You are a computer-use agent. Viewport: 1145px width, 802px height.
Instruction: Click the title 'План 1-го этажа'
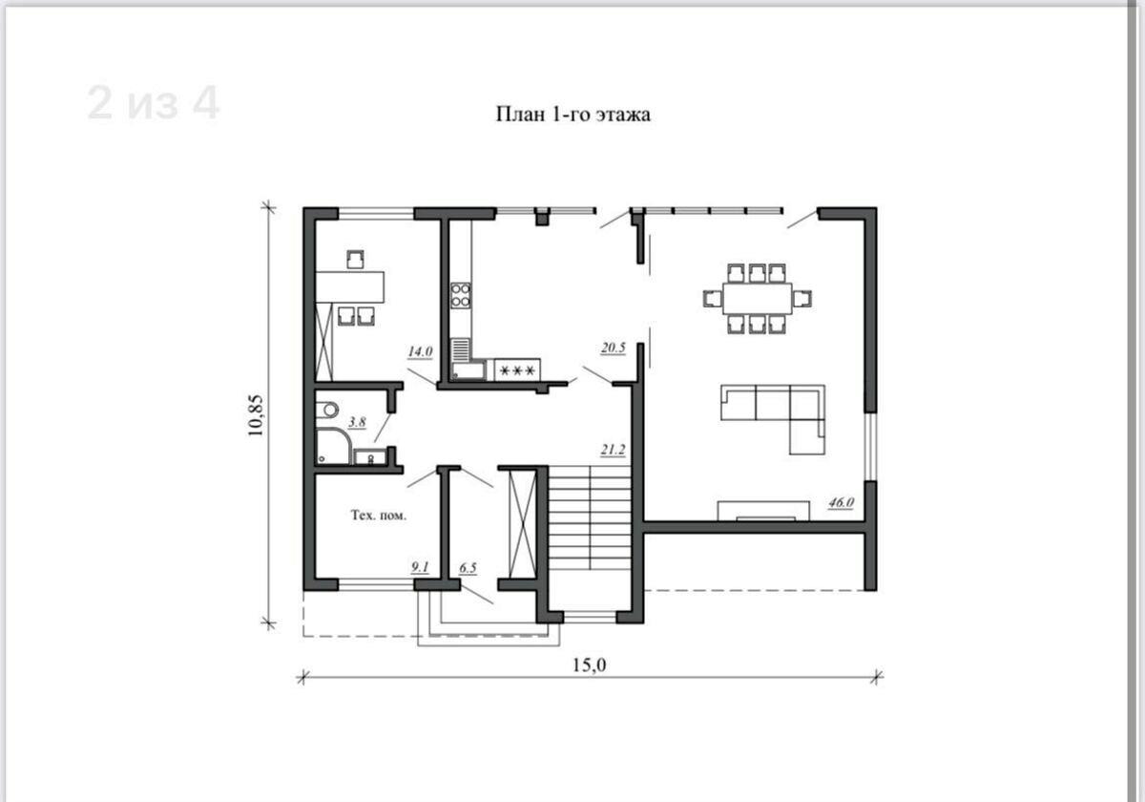pos(573,114)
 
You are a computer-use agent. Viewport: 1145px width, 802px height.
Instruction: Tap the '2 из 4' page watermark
pos(154,103)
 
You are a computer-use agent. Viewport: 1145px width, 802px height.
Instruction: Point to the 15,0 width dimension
pos(589,665)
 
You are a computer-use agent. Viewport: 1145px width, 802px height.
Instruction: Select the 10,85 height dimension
pos(256,415)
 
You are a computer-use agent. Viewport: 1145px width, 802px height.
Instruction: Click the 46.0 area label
pos(841,503)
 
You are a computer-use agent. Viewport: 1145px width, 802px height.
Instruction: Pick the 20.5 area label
pos(613,348)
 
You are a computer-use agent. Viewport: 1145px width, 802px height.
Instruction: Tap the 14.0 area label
pos(420,351)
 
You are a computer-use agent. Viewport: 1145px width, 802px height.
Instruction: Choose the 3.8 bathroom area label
pos(357,422)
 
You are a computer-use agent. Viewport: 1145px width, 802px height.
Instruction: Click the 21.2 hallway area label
pos(613,450)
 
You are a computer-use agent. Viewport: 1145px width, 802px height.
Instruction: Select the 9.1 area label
pos(420,567)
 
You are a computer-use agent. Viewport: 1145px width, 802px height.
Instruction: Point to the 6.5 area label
pos(468,568)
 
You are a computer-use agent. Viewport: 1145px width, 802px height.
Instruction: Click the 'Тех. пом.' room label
pos(378,515)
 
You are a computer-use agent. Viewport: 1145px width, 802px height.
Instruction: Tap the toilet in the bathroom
pos(326,410)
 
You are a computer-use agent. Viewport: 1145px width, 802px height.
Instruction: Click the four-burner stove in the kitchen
pos(461,296)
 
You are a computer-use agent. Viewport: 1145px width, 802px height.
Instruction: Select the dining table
pos(758,298)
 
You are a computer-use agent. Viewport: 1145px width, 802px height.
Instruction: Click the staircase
pos(590,517)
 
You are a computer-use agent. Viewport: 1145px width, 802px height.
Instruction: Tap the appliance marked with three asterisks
pos(517,369)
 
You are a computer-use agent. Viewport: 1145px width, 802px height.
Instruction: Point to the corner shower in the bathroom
pos(333,446)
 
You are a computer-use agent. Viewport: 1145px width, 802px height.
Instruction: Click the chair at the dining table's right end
pos(802,298)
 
